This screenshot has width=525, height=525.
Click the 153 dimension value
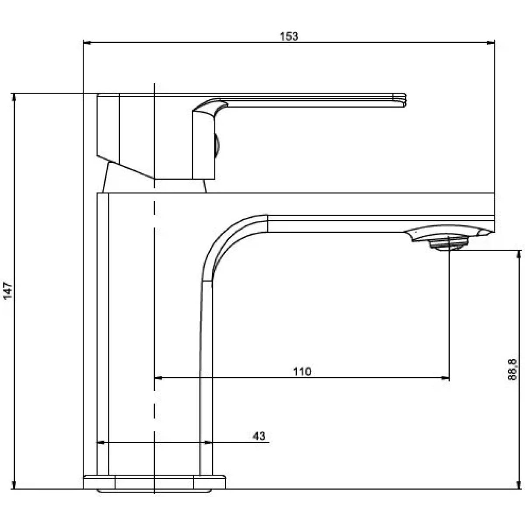(289, 36)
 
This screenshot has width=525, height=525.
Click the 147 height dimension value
(8, 291)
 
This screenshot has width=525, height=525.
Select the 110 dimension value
(302, 371)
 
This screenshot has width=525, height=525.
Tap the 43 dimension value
(259, 436)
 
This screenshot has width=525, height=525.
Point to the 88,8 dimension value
(512, 369)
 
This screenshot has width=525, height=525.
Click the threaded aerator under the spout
(448, 243)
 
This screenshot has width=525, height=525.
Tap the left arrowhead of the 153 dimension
(87, 42)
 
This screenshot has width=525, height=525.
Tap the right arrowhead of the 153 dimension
(491, 42)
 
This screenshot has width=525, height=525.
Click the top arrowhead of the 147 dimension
(14, 98)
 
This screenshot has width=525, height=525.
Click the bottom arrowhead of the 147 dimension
(14, 485)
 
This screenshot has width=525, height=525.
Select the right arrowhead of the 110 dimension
(445, 378)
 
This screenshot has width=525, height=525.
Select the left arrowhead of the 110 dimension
(158, 378)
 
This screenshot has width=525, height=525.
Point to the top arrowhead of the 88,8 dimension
(519, 254)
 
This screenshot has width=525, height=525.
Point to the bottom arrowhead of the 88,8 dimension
(519, 485)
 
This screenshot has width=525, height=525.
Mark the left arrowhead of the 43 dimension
(101, 442)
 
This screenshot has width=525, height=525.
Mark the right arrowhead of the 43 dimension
(208, 442)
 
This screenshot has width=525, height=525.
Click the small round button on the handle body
(217, 146)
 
